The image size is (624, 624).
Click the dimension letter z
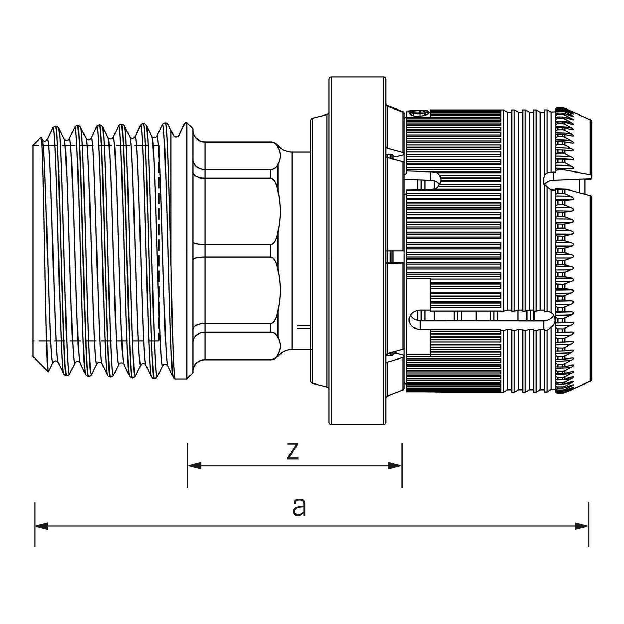pos(292,452)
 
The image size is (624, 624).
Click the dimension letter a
pos(299,508)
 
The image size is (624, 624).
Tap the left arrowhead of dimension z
pos(195,466)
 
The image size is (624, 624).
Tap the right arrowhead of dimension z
pos(395,466)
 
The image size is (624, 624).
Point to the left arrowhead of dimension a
pos(42,526)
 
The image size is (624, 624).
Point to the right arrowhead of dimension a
pos(582,526)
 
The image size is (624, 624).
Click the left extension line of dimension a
pos(35,524)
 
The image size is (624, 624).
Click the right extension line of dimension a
pos(589,524)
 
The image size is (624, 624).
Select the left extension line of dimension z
pos(187,466)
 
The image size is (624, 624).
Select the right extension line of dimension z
pos(402,466)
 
